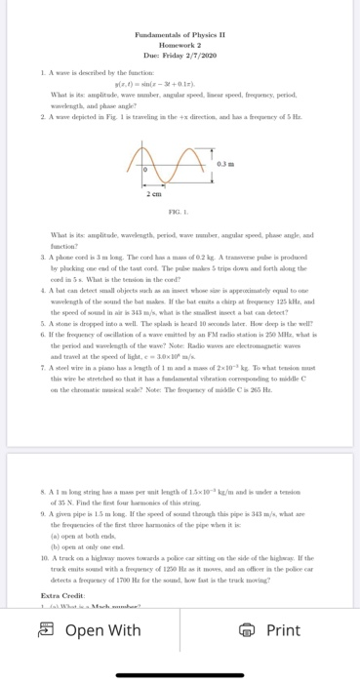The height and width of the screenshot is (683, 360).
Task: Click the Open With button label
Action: [106, 629]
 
